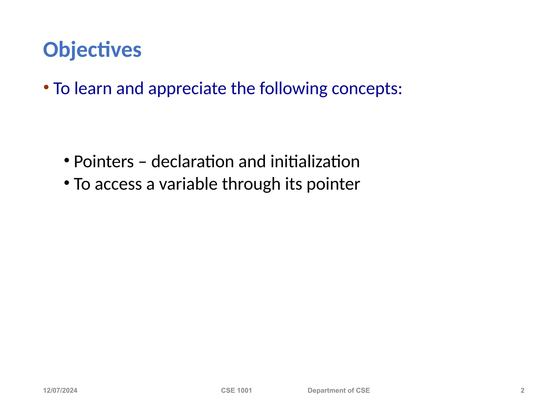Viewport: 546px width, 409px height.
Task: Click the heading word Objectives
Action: coord(92,50)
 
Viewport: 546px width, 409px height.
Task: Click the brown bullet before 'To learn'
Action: coord(46,87)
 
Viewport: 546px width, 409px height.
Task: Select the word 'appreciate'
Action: coord(187,89)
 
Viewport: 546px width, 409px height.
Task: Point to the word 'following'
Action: coord(293,89)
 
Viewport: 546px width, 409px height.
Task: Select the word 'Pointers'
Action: coord(104,162)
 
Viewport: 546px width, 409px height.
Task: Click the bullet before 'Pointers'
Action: coord(67,161)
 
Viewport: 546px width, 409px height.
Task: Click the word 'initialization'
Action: coord(315,162)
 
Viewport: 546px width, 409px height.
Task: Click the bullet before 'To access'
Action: coord(67,183)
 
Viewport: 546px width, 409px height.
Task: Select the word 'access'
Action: coord(118,184)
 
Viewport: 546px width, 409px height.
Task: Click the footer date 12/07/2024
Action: coord(60,390)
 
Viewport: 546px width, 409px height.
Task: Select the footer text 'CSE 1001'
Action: coord(236,390)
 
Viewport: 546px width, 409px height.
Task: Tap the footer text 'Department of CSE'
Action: coord(339,390)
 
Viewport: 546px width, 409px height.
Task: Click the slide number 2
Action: coord(522,390)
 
